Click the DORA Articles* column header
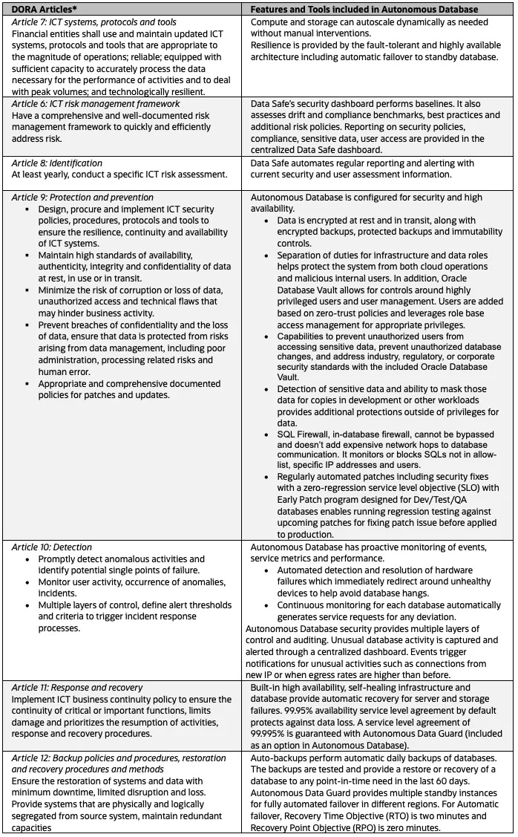[45, 9]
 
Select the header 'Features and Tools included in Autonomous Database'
[364, 9]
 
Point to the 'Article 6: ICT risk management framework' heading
[96, 104]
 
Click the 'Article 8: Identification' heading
[57, 163]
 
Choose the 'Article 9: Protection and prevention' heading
[82, 198]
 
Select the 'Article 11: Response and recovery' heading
[77, 688]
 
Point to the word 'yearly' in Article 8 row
[53, 175]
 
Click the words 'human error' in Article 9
[65, 372]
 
